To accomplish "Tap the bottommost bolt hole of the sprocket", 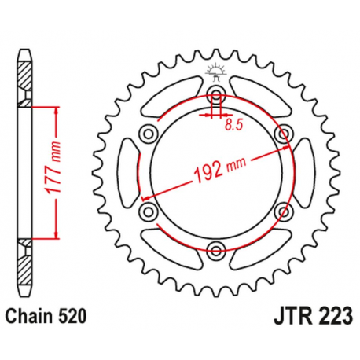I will pyautogui.click(x=216, y=251).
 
